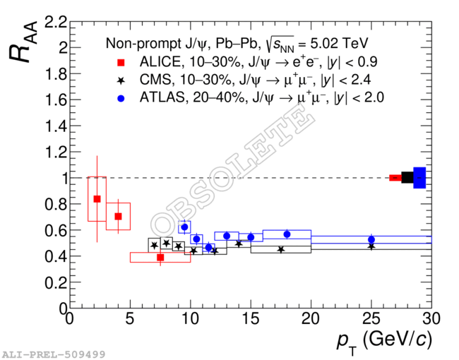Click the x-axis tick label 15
coord(250,319)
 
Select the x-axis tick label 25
coord(371,319)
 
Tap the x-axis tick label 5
coord(129,319)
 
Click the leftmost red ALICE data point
coord(97,199)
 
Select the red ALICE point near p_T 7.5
coord(160,258)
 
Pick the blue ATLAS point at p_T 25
coord(371,240)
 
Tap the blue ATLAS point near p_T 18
coord(287,234)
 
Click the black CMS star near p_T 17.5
coord(281,249)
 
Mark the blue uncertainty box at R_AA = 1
coord(419,178)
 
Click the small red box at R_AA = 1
coord(395,178)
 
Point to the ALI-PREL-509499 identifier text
coord(53,354)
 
